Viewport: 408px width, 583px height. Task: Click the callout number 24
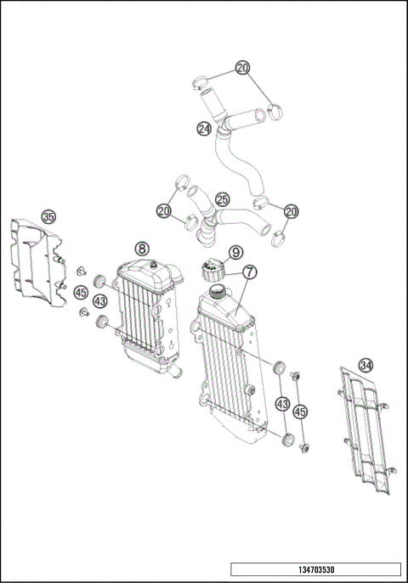(204, 129)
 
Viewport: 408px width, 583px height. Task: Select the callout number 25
(222, 199)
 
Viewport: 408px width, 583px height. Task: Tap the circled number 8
(142, 248)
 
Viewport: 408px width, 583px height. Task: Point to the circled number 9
(235, 252)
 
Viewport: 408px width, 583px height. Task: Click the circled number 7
(249, 272)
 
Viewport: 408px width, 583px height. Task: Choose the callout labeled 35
(48, 217)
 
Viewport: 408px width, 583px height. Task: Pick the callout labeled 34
(365, 365)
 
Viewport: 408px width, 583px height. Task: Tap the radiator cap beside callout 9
(210, 272)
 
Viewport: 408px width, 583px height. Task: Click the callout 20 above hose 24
(243, 67)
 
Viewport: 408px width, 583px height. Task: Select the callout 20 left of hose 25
(163, 209)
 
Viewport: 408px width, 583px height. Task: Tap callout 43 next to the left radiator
(100, 301)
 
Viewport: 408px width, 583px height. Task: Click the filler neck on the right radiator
(216, 292)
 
